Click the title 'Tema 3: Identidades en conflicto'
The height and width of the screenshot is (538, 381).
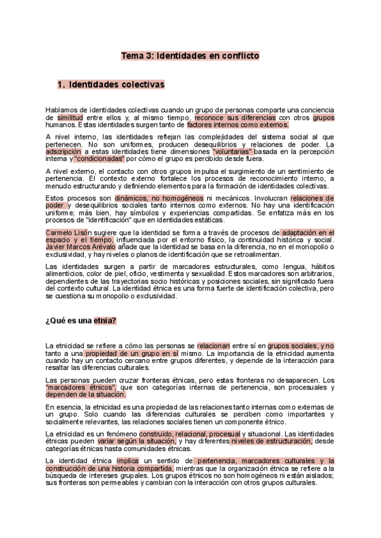190,56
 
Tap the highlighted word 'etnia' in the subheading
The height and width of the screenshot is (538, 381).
105,321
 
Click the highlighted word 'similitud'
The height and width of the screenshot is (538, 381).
69,118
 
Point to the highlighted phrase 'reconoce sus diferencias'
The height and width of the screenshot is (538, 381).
235,118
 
